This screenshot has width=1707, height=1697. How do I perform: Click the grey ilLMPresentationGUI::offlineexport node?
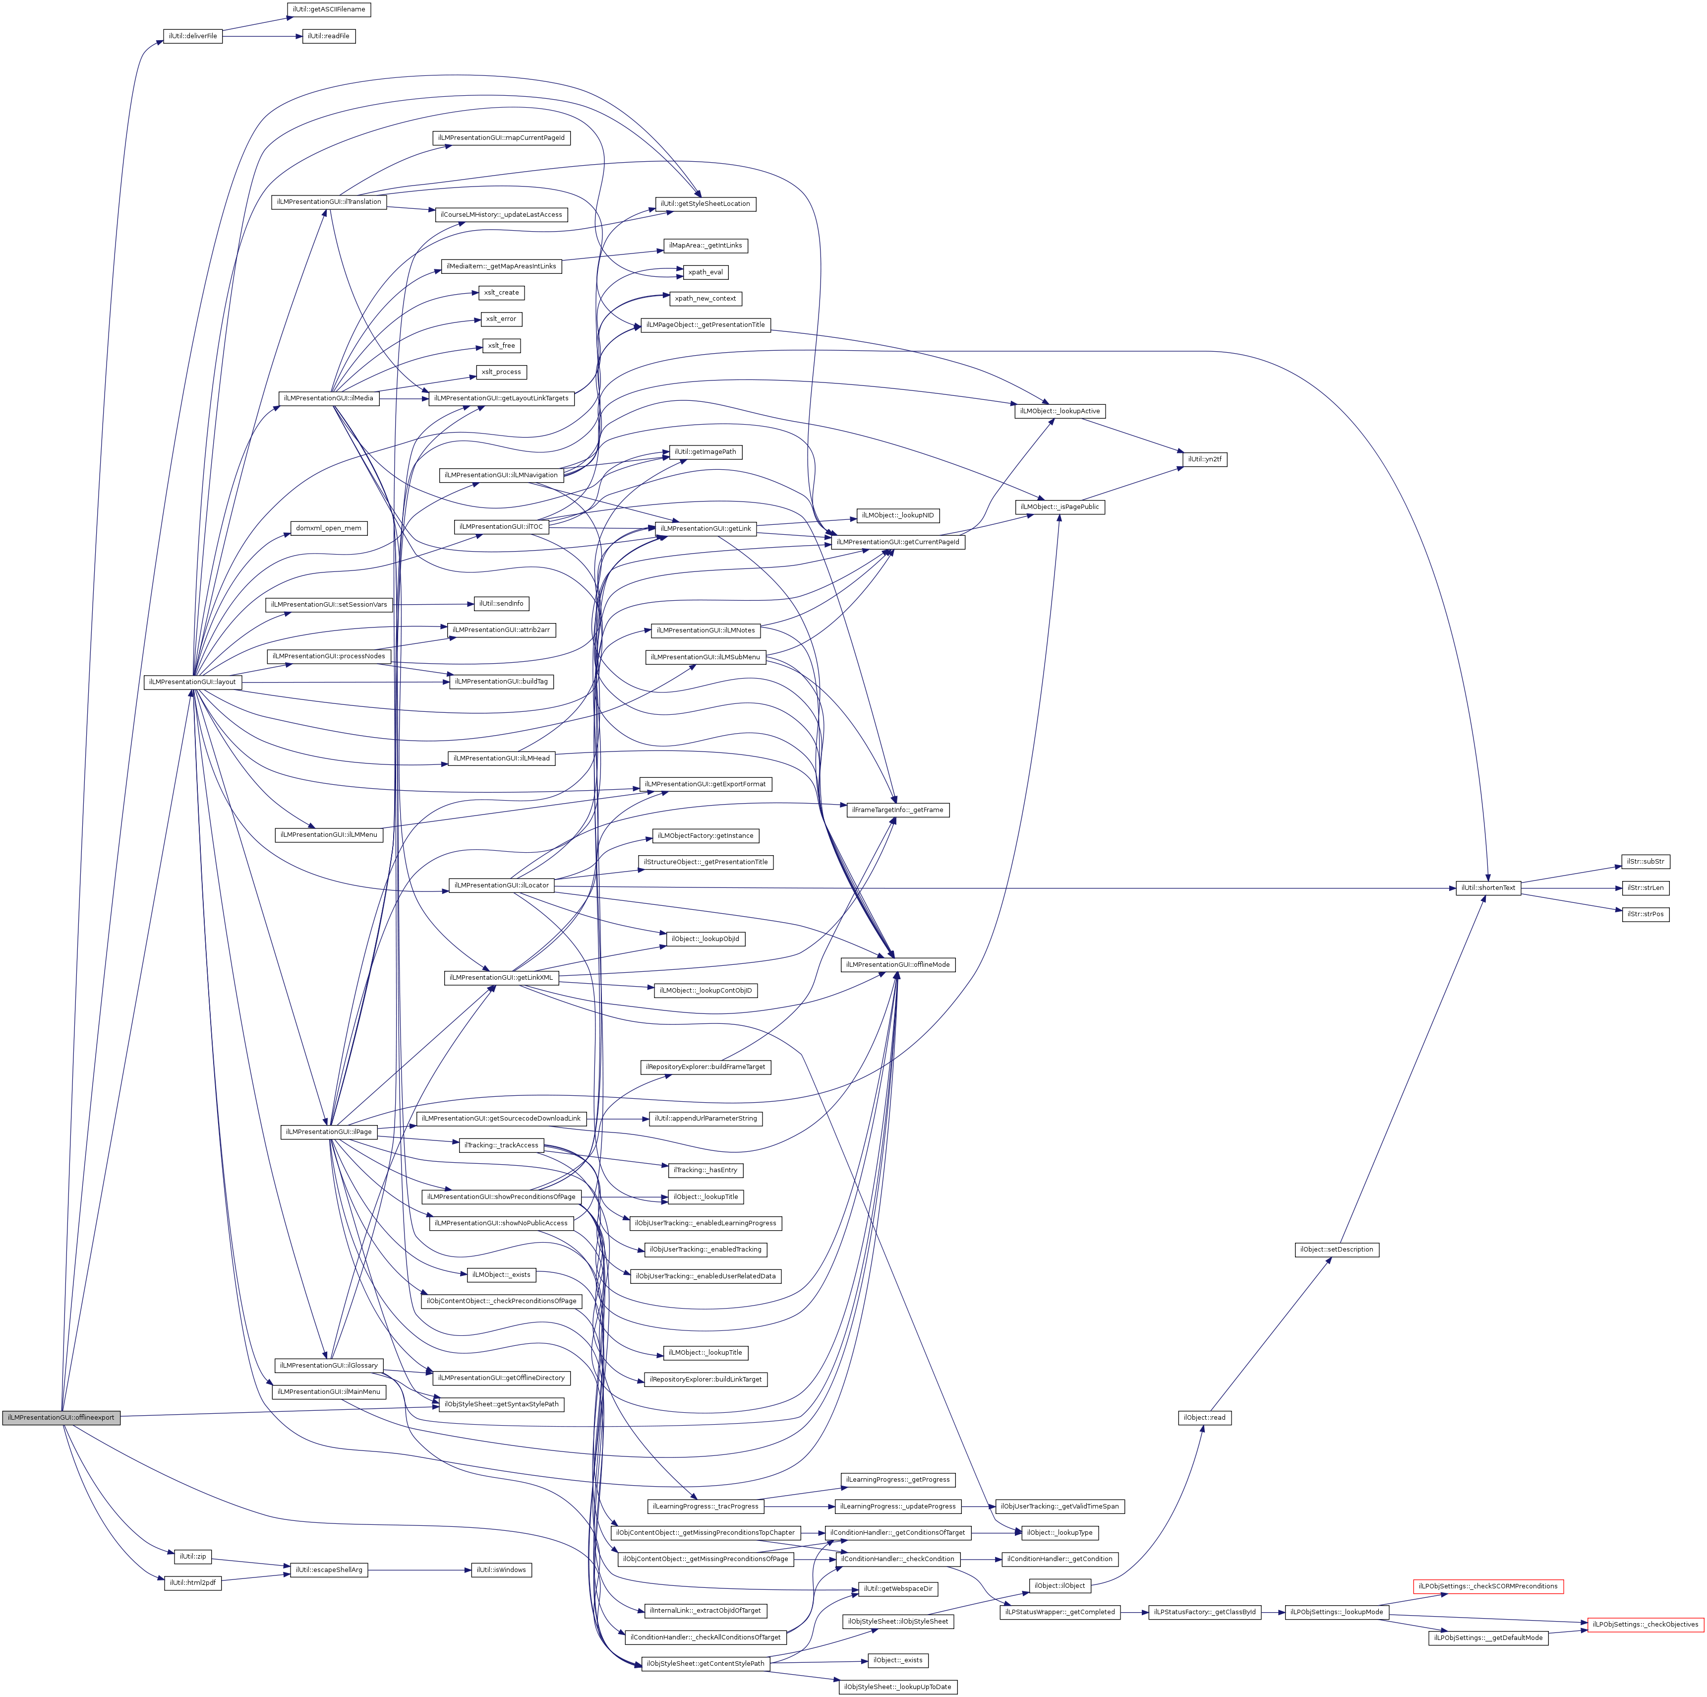pyautogui.click(x=60, y=1418)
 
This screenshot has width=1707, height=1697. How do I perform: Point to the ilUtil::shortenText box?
pyautogui.click(x=1488, y=887)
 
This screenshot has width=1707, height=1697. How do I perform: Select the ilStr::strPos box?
pyautogui.click(x=1645, y=914)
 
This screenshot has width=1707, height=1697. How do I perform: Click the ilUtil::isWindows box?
pyautogui.click(x=501, y=1570)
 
